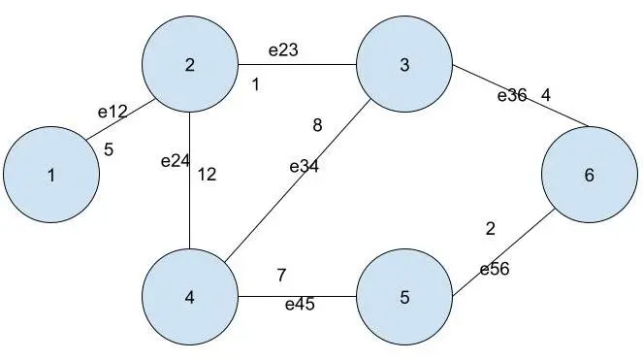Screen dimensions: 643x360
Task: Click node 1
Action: click(51, 175)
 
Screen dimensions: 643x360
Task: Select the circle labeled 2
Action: click(190, 64)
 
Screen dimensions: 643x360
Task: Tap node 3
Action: click(404, 64)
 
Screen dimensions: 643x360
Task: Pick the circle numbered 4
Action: click(190, 297)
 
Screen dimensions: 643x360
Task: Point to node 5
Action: click(404, 297)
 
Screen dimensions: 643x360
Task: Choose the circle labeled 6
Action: click(590, 175)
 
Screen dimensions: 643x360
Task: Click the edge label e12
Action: click(113, 112)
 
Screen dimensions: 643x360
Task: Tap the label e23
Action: click(283, 50)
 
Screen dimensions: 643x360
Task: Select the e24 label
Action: click(176, 161)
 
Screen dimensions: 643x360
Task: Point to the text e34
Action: click(304, 167)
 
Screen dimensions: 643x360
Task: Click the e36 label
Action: click(512, 95)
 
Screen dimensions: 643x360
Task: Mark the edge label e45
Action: click(300, 304)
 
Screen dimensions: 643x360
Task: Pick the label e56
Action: click(495, 270)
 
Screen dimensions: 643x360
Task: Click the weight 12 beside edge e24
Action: click(208, 175)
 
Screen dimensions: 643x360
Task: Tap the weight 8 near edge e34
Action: click(317, 125)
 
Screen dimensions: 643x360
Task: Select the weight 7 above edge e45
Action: click(281, 275)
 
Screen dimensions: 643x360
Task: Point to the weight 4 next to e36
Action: click(545, 95)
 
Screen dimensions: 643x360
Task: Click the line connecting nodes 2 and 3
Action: click(298, 64)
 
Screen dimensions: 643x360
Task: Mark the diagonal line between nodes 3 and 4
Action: click(298, 180)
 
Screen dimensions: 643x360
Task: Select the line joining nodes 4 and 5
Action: click(298, 296)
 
